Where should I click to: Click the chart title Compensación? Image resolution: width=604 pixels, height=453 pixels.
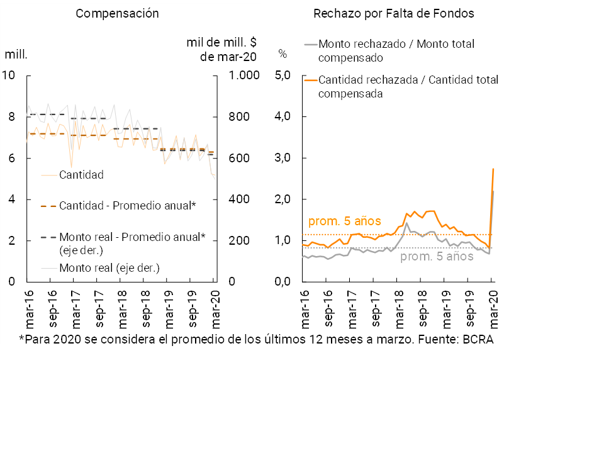click(x=117, y=13)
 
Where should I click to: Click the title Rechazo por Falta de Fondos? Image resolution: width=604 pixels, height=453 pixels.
click(x=393, y=13)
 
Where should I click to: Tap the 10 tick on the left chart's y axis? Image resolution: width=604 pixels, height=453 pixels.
click(x=8, y=75)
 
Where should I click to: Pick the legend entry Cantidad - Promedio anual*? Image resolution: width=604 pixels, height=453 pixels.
click(x=128, y=206)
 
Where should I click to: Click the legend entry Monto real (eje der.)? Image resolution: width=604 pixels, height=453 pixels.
click(x=109, y=268)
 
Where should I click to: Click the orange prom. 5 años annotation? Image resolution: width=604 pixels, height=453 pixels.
click(x=345, y=221)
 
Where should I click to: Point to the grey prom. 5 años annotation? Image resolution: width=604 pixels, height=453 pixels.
click(x=437, y=257)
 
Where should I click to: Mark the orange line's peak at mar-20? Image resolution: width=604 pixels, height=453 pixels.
click(x=493, y=169)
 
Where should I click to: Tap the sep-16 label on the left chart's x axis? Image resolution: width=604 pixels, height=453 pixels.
click(x=53, y=309)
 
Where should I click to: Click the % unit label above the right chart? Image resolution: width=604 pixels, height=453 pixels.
click(x=282, y=54)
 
